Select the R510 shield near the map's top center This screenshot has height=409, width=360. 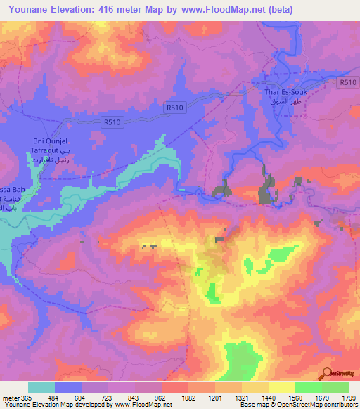pos(177,108)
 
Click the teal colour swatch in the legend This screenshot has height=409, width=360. pos(41,387)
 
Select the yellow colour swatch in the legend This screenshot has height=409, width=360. pos(281,387)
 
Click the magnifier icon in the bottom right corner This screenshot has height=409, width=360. pos(328,375)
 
